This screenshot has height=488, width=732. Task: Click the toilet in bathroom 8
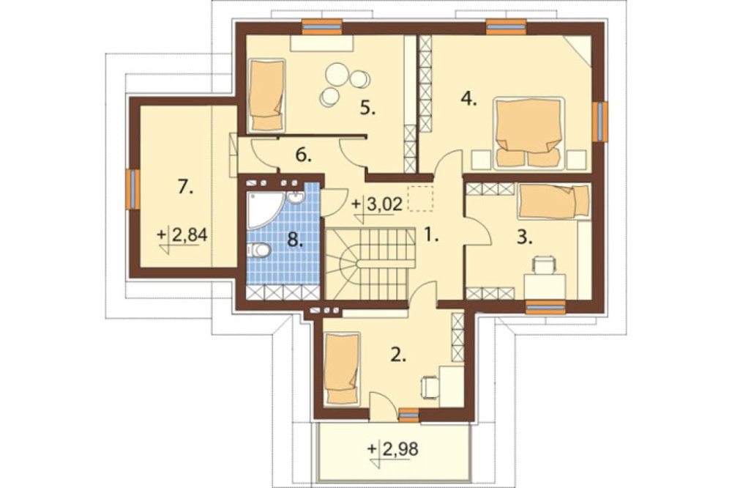(x=258, y=251)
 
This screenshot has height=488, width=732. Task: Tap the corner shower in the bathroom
(x=263, y=209)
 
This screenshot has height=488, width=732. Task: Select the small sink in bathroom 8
(x=295, y=198)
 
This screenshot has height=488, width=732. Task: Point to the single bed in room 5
(x=267, y=95)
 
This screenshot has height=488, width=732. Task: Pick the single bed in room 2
(x=343, y=369)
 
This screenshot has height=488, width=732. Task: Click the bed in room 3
(x=553, y=201)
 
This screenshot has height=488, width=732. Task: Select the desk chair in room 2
(x=430, y=387)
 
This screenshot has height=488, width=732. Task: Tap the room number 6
(x=304, y=155)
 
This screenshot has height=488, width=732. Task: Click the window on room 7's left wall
(x=132, y=189)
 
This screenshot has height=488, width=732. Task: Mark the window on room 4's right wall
(x=600, y=122)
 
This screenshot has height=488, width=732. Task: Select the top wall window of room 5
(x=321, y=26)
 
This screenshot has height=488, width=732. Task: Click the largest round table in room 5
(x=337, y=74)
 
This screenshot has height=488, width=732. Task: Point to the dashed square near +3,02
(x=421, y=198)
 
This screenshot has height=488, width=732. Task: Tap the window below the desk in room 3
(x=545, y=307)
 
